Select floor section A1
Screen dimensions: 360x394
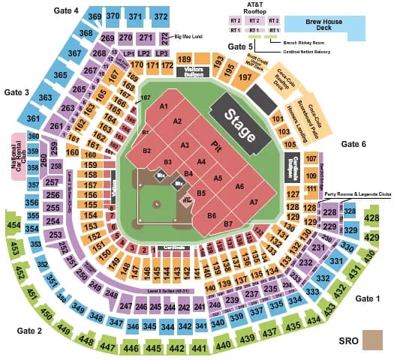pos(163,106)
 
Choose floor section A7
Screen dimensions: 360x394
pos(254,202)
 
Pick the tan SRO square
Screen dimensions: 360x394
pos(371,340)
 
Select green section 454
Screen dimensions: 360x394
pos(14,225)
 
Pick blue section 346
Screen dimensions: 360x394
pos(133,326)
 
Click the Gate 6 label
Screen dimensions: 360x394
pos(353,143)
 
